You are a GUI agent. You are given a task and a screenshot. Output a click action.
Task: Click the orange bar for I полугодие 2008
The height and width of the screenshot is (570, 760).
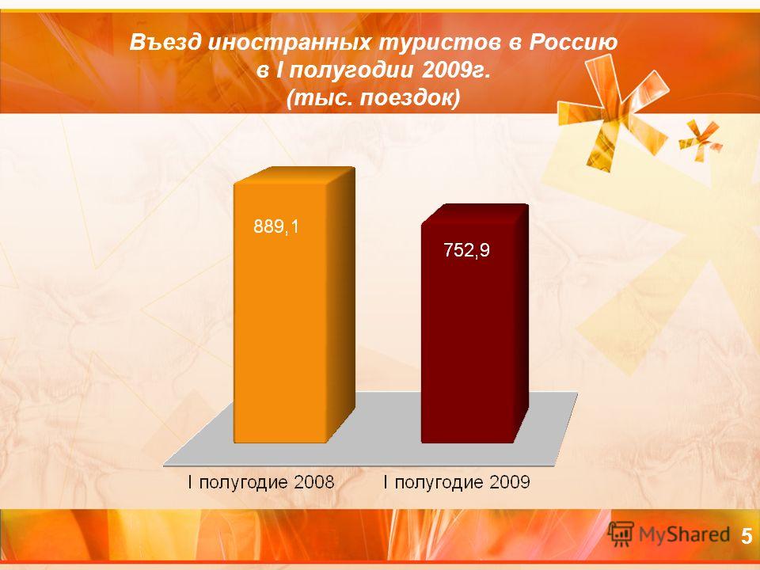pos(294,306)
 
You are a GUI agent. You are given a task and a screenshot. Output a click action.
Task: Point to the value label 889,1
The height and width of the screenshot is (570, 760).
pos(276,226)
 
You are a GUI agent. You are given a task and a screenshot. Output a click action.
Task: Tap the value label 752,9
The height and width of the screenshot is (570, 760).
pos(467,250)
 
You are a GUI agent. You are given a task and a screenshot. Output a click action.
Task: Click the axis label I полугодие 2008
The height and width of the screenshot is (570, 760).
pos(261,482)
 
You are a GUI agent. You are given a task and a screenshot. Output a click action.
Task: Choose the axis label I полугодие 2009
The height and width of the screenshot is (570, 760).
pos(457,482)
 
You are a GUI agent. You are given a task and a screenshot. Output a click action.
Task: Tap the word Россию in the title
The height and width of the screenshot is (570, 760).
pos(573,43)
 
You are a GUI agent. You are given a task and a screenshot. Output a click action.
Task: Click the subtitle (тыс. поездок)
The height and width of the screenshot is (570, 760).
pos(373,99)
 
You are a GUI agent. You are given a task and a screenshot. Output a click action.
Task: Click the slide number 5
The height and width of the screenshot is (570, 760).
pos(747,537)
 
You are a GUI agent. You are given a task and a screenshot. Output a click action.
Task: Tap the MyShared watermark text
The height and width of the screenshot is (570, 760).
pos(684,534)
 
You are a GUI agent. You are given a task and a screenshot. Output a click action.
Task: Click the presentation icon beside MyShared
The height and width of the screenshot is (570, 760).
pos(621,534)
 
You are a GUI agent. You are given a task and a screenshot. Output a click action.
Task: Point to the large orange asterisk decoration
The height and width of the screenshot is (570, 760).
pos(612,112)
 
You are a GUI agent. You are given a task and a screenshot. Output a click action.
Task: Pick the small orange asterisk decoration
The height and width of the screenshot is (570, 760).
pos(700,140)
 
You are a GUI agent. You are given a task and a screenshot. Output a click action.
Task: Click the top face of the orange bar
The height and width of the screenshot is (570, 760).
pos(294,176)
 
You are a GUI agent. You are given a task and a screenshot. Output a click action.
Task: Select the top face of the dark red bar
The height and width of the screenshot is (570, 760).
pos(475,215)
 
